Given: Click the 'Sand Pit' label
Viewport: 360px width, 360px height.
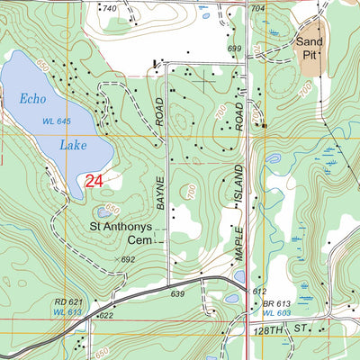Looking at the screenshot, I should click(309, 49).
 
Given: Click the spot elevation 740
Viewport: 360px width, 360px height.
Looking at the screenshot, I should click(110, 8).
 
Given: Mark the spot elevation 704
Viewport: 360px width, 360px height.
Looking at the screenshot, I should click(257, 8).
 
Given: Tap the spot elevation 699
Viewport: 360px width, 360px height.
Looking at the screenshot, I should click(235, 49).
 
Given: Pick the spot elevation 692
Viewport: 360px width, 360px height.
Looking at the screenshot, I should click(128, 259).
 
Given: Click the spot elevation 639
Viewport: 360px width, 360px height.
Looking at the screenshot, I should click(176, 293).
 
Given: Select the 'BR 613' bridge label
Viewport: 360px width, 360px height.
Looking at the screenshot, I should click(278, 304).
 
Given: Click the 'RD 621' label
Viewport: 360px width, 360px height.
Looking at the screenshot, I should click(68, 301).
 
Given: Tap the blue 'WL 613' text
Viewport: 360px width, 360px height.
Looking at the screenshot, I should click(68, 311).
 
